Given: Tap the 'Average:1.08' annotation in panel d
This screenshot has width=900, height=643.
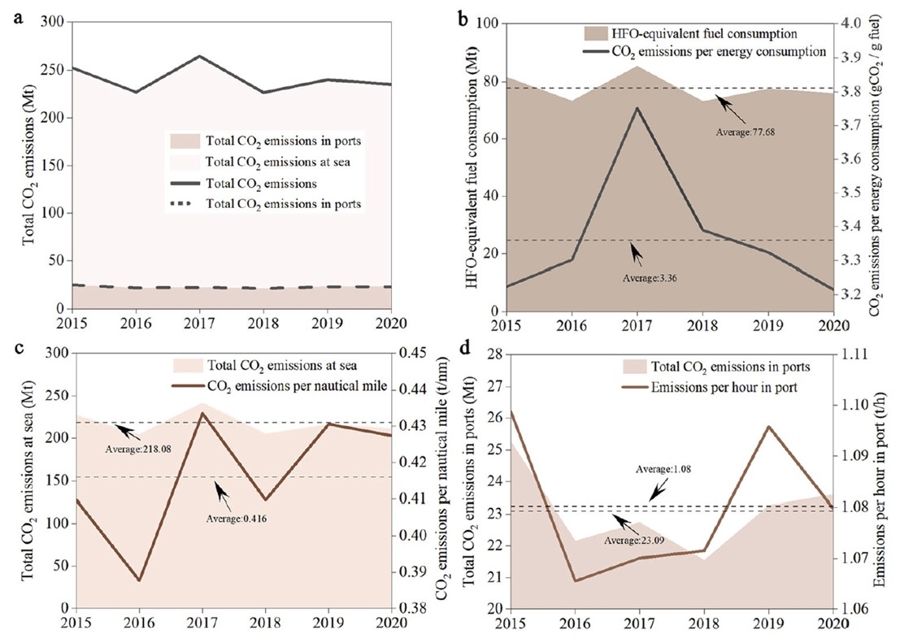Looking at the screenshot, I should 660,470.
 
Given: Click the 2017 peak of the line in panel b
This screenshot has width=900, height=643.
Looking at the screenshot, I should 637,107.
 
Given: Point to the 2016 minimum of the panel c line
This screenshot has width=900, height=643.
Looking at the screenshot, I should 139,580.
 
